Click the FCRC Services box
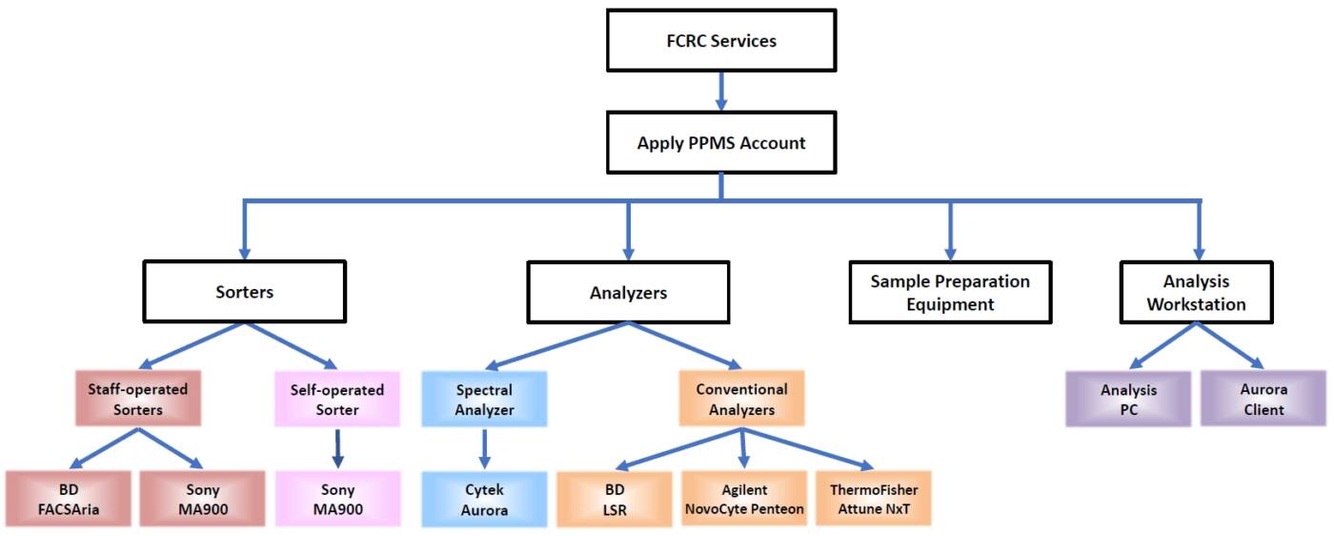(x=720, y=41)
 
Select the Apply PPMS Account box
(x=720, y=143)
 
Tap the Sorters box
(x=244, y=292)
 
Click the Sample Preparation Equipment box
(x=950, y=293)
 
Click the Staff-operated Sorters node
(x=138, y=399)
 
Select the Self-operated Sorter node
(x=336, y=399)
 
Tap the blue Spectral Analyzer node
(x=484, y=399)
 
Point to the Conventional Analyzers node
(x=741, y=399)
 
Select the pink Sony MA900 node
(x=337, y=499)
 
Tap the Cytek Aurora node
(x=484, y=499)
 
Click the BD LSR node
(x=614, y=499)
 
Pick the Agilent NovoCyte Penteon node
(x=744, y=499)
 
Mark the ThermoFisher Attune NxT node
(x=874, y=499)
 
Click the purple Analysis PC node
(x=1128, y=399)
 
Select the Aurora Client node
(x=1263, y=399)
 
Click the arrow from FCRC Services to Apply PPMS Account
(x=720, y=92)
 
